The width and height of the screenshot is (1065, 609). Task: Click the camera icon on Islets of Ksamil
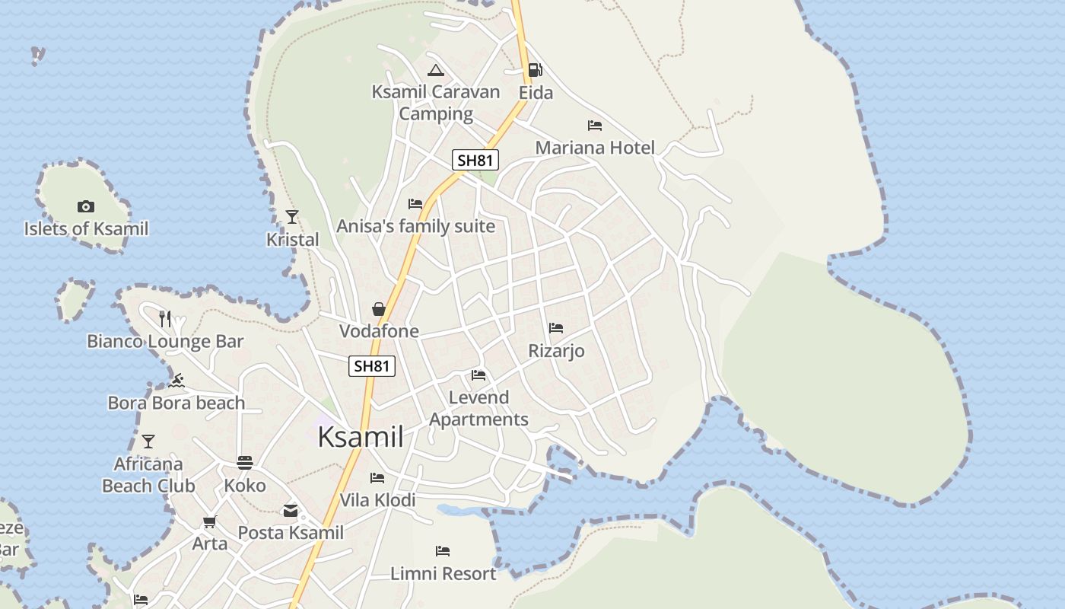[x=85, y=206]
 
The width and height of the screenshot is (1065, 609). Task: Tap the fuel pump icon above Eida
[x=536, y=70]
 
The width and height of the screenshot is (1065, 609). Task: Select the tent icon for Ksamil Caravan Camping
[x=435, y=71]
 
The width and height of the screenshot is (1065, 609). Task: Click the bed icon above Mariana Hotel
[x=595, y=125]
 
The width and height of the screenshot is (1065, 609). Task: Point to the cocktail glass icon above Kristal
[x=292, y=217]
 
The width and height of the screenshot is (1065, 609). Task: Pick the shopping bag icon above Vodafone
[x=378, y=308]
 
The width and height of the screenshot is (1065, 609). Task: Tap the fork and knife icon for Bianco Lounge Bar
[x=165, y=318]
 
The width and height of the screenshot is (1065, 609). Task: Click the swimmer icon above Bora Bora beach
[x=176, y=381]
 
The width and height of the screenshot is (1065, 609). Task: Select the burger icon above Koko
[x=245, y=462]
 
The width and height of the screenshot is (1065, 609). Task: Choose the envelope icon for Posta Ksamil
[x=291, y=510]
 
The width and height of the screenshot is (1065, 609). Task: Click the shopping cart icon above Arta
[x=209, y=521]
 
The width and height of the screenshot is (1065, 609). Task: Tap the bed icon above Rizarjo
[x=556, y=328]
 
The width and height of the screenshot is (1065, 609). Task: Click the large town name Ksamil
[x=361, y=438]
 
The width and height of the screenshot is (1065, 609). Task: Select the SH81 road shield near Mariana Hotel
[x=475, y=160]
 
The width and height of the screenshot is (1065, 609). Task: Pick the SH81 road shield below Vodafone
[x=372, y=366]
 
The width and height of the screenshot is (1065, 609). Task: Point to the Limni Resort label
[x=443, y=573]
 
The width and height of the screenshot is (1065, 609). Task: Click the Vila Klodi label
[x=377, y=500]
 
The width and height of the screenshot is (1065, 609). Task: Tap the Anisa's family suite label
[x=415, y=226]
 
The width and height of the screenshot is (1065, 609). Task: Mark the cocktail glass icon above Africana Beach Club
[x=148, y=442]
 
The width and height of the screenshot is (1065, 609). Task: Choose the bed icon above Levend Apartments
[x=478, y=375]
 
